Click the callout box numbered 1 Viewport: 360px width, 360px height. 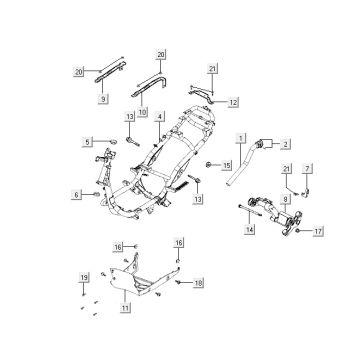241,138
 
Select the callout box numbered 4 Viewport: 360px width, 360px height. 160,117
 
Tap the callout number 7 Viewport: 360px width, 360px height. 307,169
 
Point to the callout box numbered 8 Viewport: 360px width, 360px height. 285,200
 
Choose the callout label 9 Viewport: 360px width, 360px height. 103,99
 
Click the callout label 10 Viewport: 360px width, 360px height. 142,112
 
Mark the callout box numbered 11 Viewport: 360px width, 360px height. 125,308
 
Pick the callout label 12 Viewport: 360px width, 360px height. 233,103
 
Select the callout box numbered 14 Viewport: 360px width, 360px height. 249,229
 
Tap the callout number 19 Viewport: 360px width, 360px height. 84,277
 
